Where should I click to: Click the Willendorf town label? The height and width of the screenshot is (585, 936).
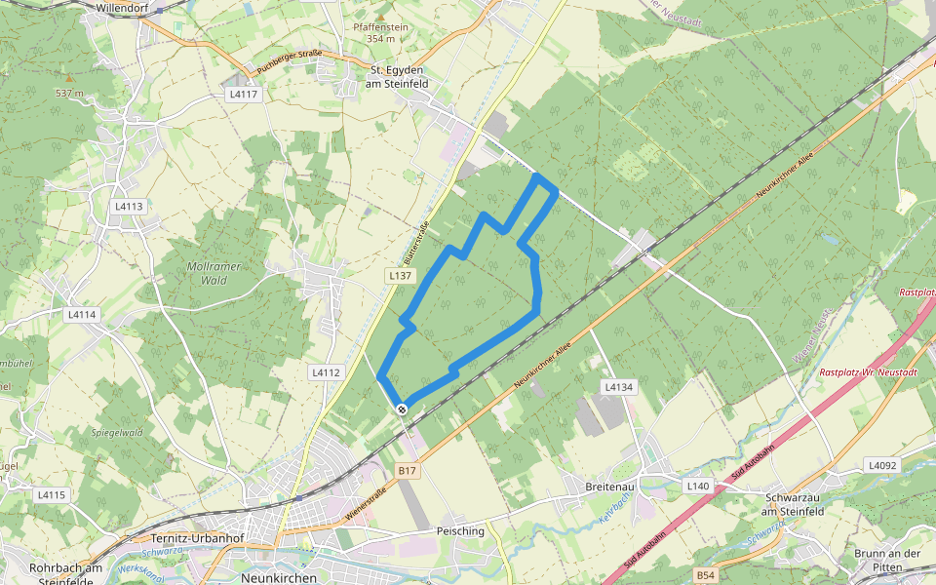[124, 7]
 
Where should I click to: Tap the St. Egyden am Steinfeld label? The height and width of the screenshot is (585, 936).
[403, 77]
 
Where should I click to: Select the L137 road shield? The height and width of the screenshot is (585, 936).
[399, 276]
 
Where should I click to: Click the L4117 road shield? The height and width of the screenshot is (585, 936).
[243, 95]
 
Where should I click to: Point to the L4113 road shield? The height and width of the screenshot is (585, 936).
[129, 207]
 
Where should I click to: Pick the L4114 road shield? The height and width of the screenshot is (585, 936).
[82, 315]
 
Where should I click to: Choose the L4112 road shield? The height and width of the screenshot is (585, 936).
[326, 372]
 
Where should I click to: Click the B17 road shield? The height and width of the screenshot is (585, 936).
[408, 471]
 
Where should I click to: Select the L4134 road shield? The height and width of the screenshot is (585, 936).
[618, 387]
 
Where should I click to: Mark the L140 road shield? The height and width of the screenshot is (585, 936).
[697, 486]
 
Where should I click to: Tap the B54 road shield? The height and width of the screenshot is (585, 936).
[705, 576]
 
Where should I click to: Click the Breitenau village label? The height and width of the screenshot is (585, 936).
[611, 486]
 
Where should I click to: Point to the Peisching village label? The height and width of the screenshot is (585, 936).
[461, 531]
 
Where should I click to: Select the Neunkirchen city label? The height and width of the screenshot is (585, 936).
[278, 577]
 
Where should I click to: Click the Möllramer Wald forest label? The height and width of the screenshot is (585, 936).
[214, 273]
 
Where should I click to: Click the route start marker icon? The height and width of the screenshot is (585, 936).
[402, 409]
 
